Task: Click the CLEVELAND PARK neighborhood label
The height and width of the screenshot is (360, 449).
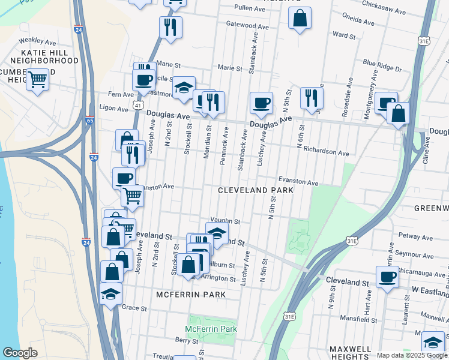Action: pos(255,190)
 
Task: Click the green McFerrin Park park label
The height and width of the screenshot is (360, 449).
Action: pos(211,329)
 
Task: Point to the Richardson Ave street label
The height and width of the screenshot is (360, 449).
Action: pos(326,152)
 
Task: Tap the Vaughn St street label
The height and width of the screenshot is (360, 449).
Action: pos(225,221)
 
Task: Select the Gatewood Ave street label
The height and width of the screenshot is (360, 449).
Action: pos(246,25)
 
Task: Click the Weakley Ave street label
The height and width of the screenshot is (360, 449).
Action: pos(32,41)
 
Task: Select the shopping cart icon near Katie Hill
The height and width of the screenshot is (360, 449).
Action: pos(37,79)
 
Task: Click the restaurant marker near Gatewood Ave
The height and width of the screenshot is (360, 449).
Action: pos(170,27)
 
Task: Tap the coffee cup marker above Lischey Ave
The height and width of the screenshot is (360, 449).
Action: pos(261,103)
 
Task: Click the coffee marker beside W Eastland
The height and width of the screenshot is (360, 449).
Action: pos(387,277)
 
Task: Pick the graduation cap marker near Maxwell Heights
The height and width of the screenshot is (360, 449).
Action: pos(433,341)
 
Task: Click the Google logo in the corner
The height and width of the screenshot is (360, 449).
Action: pos(20,353)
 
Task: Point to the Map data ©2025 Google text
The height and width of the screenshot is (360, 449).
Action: pos(412,355)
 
